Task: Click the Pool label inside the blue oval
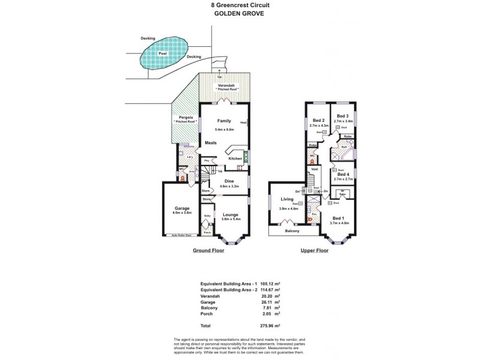(x=162, y=53)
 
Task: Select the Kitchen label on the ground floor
(x=235, y=158)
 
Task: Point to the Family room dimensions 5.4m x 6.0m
(x=223, y=130)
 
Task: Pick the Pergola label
(x=185, y=117)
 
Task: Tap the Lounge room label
(x=230, y=214)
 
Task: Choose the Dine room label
(x=229, y=181)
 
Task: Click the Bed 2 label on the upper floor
(x=319, y=121)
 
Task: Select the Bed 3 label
(x=342, y=116)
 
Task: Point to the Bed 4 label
(x=343, y=174)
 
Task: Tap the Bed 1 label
(x=338, y=218)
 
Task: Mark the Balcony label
(x=293, y=230)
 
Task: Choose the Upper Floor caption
(x=314, y=250)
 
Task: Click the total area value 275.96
(x=267, y=325)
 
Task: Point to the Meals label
(x=211, y=143)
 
